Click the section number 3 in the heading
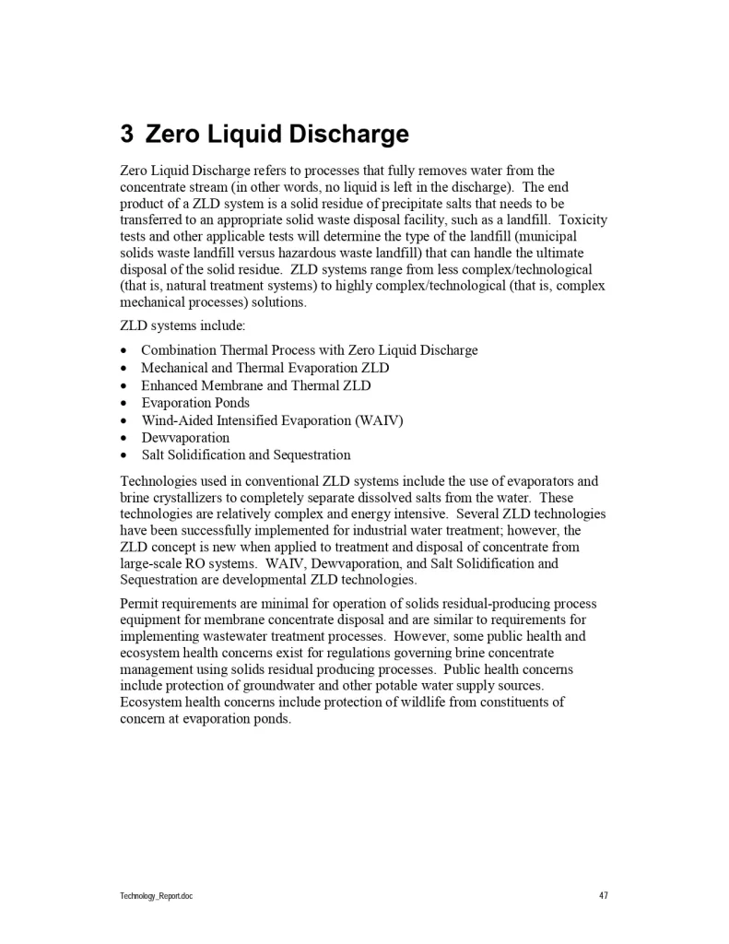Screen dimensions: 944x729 (x=127, y=135)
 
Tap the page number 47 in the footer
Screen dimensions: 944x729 (x=603, y=895)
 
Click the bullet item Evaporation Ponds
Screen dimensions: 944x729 (x=194, y=403)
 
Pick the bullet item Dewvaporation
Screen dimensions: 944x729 (x=184, y=438)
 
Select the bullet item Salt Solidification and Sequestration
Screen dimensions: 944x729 (x=245, y=455)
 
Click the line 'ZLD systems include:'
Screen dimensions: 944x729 (x=182, y=326)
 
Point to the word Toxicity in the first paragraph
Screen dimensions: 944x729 (x=583, y=220)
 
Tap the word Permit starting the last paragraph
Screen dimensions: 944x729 (x=141, y=603)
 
